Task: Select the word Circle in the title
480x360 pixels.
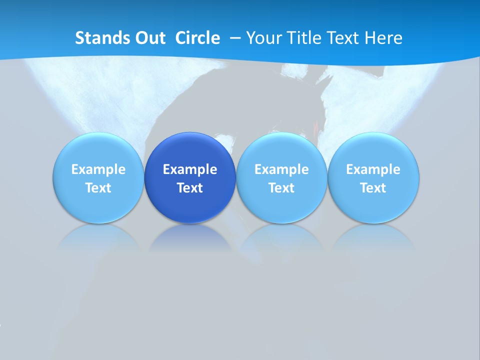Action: point(197,38)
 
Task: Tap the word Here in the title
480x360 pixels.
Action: point(383,38)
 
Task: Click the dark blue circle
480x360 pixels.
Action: point(190,150)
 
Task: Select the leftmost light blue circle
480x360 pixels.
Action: point(98,150)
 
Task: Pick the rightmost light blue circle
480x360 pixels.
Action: point(373,150)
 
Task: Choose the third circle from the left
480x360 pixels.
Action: point(281,150)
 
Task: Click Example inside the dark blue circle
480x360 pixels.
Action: point(190,169)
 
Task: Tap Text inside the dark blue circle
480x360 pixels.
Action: point(190,188)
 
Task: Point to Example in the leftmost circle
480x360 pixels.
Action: point(98,169)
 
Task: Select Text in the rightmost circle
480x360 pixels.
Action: point(373,188)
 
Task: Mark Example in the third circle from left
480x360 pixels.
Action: point(281,169)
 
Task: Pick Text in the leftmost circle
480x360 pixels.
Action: point(98,188)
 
